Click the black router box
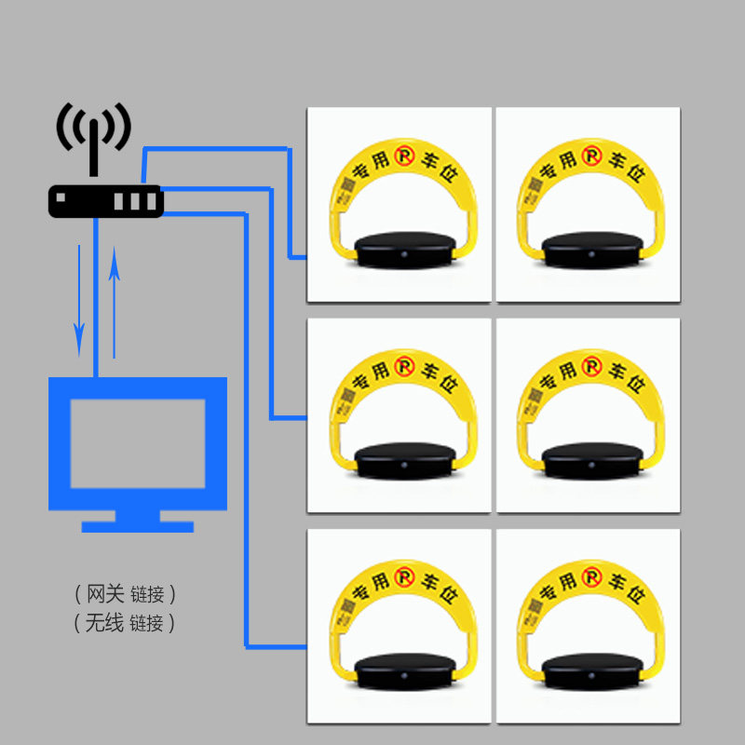(105, 201)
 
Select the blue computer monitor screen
(138, 442)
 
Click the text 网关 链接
(125, 593)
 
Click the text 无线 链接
(125, 623)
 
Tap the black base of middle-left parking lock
(407, 460)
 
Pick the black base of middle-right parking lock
(593, 460)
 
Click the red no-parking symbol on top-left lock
(403, 156)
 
